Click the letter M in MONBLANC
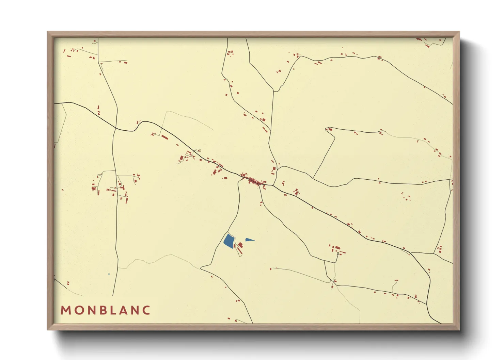(65, 310)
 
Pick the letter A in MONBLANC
(123, 310)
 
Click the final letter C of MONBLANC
(146, 310)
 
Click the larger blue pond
(229, 241)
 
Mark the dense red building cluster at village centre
(252, 180)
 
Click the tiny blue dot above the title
(109, 274)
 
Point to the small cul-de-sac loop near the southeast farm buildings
(337, 253)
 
